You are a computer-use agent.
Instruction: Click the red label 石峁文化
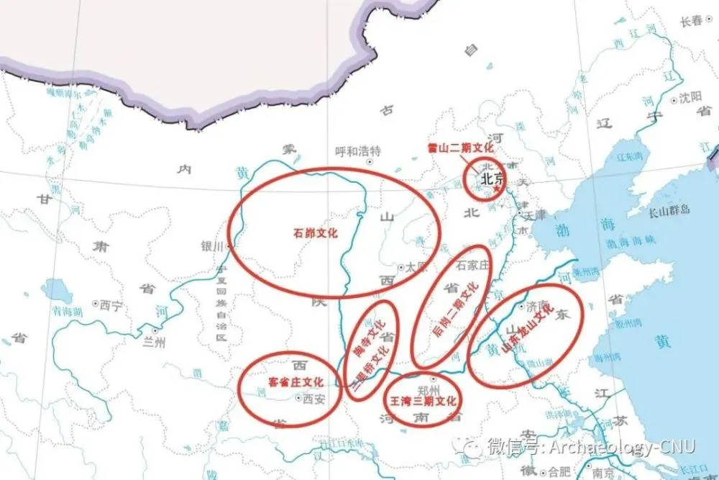[316, 233]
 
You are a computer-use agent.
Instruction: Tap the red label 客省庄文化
[296, 381]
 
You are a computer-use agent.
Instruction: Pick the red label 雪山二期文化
[460, 147]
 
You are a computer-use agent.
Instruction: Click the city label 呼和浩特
[358, 151]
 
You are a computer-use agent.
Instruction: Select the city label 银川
[214, 246]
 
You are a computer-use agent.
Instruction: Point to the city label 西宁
[111, 305]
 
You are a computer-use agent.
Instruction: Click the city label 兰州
[154, 343]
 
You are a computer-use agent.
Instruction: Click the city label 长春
[691, 22]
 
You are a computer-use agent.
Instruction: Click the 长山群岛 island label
[669, 210]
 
